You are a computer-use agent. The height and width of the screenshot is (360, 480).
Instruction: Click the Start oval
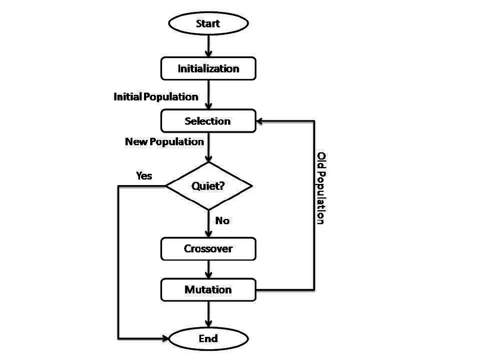pos(208,24)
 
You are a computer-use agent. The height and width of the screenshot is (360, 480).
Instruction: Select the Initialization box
pos(208,69)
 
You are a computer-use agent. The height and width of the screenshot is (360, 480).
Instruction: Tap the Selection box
pos(208,121)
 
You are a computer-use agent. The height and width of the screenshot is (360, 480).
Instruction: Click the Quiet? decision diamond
pos(208,186)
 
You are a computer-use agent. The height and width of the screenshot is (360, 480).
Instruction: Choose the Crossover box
pos(208,248)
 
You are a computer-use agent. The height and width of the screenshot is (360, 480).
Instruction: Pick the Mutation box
pos(208,289)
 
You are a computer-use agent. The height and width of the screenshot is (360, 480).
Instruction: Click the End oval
pos(208,339)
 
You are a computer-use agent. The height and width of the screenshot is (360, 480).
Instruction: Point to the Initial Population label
pos(156,96)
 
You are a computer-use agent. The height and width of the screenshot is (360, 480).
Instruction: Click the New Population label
pos(164,142)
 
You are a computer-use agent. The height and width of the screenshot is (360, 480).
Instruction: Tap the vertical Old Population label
pos(321,188)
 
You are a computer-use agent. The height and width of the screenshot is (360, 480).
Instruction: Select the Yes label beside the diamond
pos(144,175)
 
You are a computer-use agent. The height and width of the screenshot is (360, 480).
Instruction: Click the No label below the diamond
pos(222,220)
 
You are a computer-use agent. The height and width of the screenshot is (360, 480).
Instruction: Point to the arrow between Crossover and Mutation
pos(208,269)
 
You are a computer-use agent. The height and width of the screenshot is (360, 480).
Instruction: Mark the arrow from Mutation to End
pos(208,313)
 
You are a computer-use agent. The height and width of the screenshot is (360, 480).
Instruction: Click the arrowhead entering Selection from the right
pos(261,121)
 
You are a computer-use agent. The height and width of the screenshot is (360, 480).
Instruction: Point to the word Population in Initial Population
pos(171,96)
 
